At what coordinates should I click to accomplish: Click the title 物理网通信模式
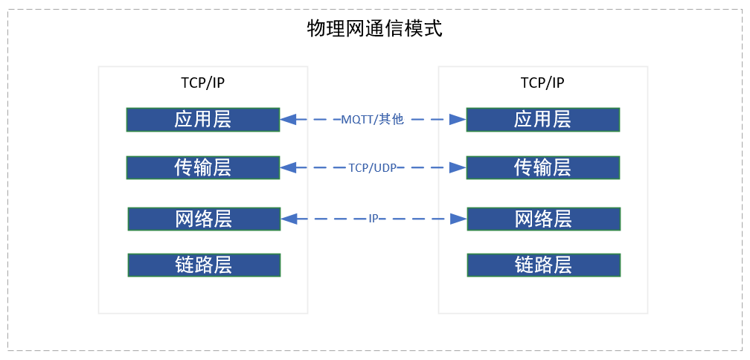point(374,29)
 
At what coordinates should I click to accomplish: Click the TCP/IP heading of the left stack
point(202,83)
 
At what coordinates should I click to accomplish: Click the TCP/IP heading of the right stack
point(542,83)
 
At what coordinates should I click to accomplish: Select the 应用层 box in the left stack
point(203,120)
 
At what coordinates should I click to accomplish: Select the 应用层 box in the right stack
point(542,120)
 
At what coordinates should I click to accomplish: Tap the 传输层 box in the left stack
point(203,168)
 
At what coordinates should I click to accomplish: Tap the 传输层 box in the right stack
point(542,168)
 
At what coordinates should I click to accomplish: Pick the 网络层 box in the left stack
point(204,219)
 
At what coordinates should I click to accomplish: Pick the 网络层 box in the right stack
point(542,219)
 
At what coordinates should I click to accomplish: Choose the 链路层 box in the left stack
point(204,265)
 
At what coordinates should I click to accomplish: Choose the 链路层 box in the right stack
point(542,265)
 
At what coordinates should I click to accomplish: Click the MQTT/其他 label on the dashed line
point(372,119)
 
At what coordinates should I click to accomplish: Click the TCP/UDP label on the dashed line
point(373,168)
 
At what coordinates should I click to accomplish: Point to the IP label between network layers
point(374,219)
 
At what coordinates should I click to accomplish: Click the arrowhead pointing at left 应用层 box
point(288,119)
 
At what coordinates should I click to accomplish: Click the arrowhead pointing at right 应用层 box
point(458,119)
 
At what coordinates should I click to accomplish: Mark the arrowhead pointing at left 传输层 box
point(288,168)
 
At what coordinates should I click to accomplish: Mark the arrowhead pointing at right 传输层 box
point(458,168)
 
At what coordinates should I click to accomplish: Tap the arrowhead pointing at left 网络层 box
point(288,219)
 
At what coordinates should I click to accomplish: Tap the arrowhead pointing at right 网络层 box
point(458,219)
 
